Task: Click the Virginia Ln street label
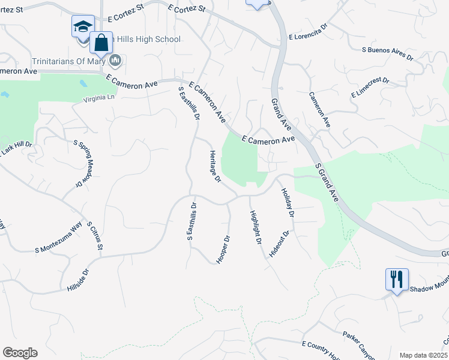[93, 101]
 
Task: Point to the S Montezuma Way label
[58, 238]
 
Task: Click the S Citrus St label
[96, 235]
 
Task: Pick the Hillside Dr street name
[78, 280]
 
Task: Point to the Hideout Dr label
[279, 243]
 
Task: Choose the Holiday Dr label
[288, 202]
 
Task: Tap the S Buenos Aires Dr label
[388, 55]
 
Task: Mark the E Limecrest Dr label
[369, 88]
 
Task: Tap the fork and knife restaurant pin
[397, 280]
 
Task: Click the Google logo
[20, 353]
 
